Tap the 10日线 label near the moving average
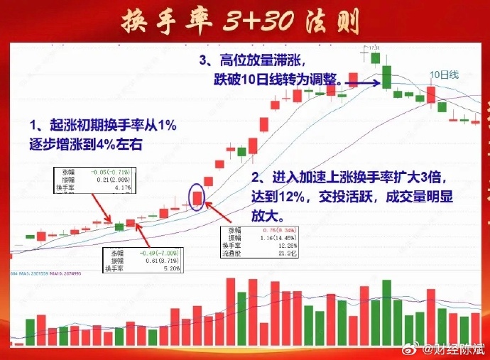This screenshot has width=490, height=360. [x=445, y=75]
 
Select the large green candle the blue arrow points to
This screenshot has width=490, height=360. [x=387, y=76]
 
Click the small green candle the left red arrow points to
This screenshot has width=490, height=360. [x=119, y=226]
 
